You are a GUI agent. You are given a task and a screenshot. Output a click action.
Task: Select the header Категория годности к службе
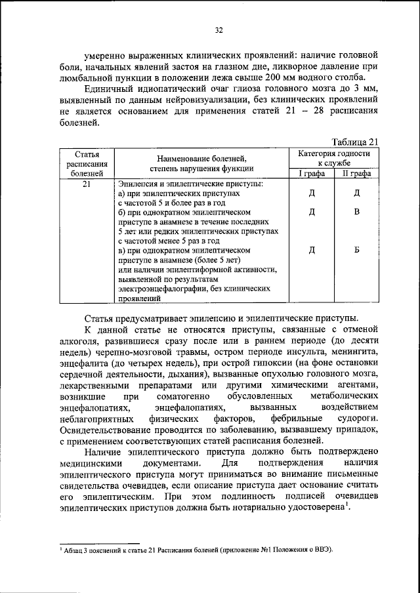(x=334, y=157)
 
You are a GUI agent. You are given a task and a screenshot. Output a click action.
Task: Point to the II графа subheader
(x=356, y=174)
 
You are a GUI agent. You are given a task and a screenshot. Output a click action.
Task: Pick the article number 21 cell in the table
(x=86, y=185)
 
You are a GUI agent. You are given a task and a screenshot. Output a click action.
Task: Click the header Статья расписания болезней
(x=86, y=163)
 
